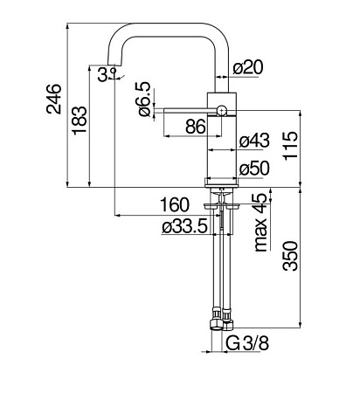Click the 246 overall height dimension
54,99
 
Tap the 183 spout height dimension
80,121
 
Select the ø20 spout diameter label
248,67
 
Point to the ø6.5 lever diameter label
143,99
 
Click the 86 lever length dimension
196,128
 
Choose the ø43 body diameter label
254,141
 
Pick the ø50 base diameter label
254,169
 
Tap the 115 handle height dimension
290,146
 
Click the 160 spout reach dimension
175,204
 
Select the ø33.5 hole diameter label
184,226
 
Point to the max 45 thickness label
260,222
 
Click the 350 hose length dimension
290,256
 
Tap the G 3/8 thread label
247,343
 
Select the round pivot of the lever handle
222,111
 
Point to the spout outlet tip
114,65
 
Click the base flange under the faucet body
222,184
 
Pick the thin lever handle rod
190,110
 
